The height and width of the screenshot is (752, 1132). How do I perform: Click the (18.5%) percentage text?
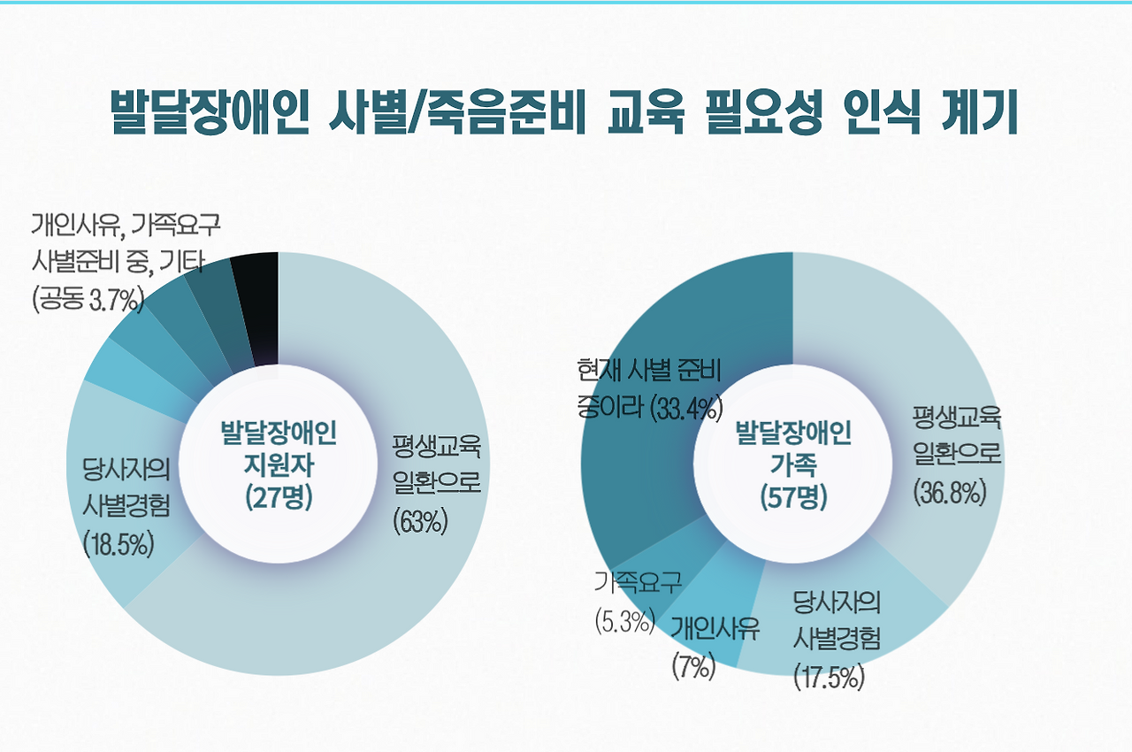119,543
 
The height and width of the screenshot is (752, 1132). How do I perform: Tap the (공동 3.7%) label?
88,301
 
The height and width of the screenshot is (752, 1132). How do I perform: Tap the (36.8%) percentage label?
950,492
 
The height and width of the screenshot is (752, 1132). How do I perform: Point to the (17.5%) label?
829,679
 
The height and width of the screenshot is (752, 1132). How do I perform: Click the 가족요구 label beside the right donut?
638,582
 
